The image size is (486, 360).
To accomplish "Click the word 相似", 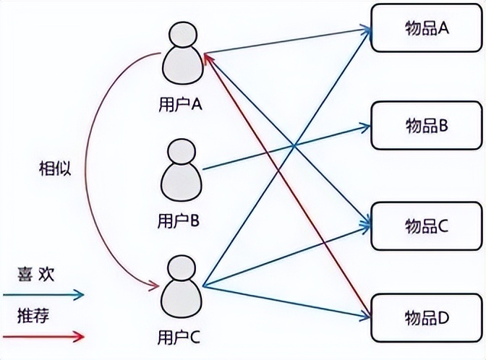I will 54,168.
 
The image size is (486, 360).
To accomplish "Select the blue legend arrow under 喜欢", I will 43,294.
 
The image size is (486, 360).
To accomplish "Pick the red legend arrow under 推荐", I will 43,336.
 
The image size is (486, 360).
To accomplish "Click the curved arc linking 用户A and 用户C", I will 88,170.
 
